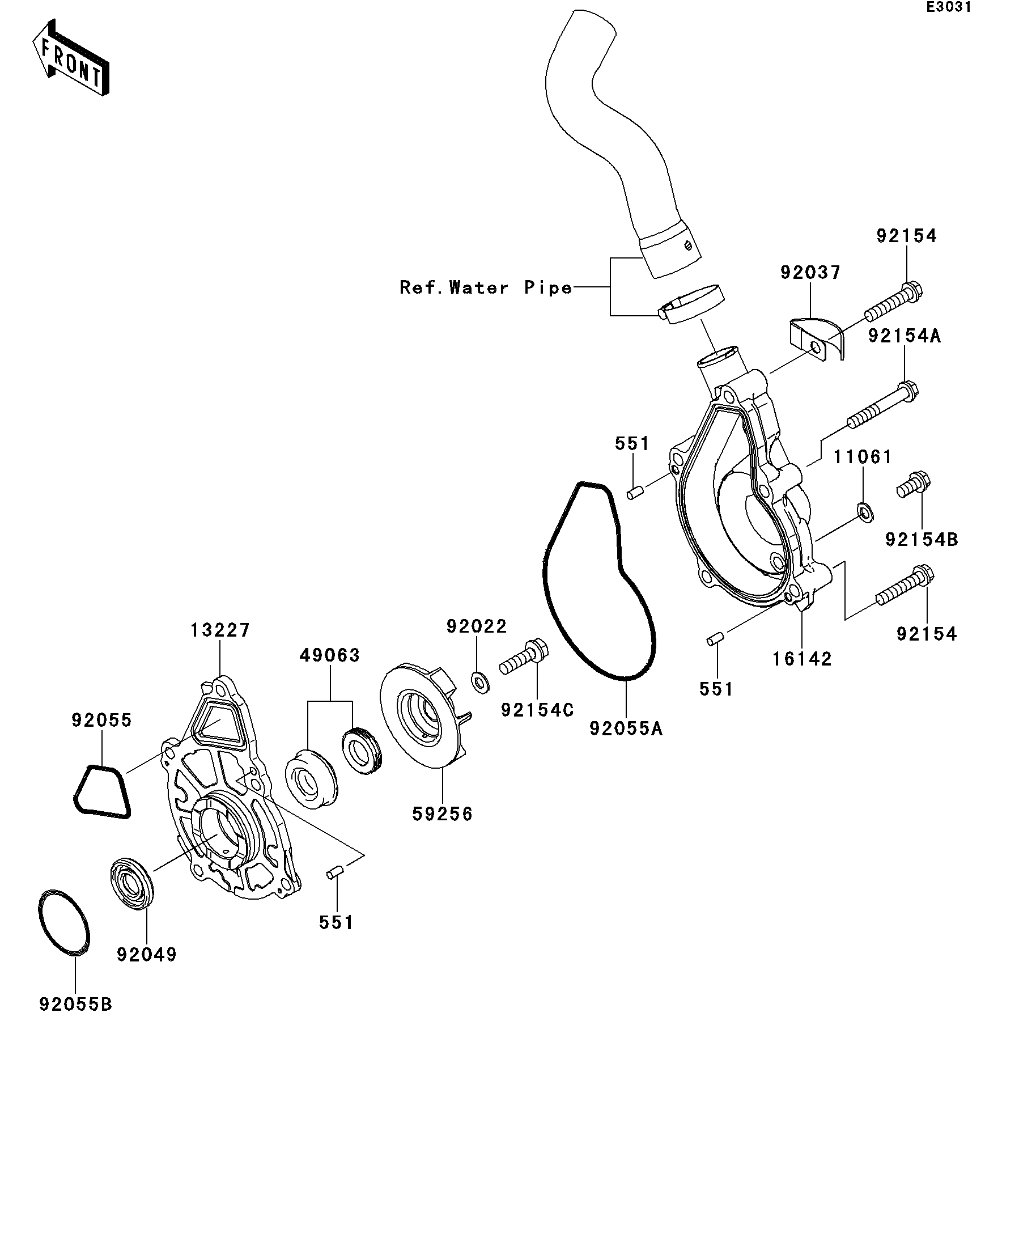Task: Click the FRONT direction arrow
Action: point(70,58)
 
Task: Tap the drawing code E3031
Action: point(948,7)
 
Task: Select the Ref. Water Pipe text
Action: point(486,288)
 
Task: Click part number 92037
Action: point(810,273)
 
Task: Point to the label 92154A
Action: point(905,336)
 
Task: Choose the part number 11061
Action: point(862,457)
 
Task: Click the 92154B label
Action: point(922,540)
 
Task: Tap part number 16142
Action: point(801,659)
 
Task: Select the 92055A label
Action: point(626,728)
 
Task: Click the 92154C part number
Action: point(537,710)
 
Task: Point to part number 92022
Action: point(477,626)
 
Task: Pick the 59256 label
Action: point(442,814)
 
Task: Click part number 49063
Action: point(330,656)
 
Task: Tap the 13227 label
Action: point(220,630)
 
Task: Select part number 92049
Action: point(146,955)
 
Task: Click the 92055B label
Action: point(75,1005)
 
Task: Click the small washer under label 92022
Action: point(479,682)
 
